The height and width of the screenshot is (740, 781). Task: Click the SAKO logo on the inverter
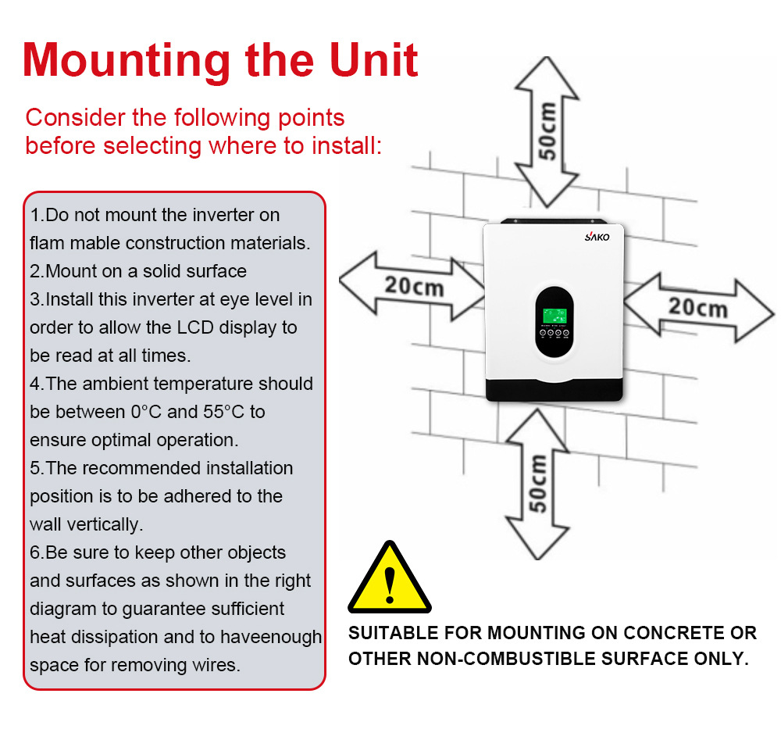click(x=596, y=237)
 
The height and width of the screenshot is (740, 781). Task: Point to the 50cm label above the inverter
click(x=548, y=130)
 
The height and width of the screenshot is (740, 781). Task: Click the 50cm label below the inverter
click(x=537, y=482)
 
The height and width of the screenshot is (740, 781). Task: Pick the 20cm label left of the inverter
click(x=413, y=285)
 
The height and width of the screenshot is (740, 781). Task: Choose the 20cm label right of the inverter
click(x=697, y=306)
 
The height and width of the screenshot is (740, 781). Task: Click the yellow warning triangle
click(x=389, y=578)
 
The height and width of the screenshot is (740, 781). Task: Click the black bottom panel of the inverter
click(x=555, y=388)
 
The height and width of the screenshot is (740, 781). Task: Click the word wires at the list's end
click(x=217, y=666)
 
